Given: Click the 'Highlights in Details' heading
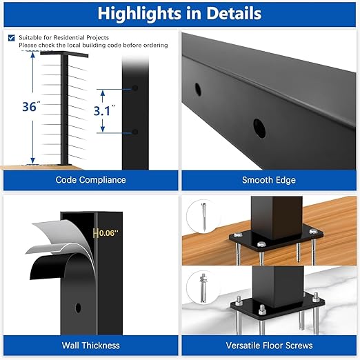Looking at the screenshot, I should [x=179, y=13].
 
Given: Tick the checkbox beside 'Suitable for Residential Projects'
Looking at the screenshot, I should [x=12, y=38].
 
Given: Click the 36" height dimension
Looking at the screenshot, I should [x=29, y=107].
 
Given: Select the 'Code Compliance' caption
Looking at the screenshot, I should [x=90, y=180].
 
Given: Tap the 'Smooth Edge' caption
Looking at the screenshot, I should [x=268, y=180].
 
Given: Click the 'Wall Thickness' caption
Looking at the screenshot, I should [x=90, y=346].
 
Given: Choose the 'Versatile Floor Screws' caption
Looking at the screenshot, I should [x=268, y=346].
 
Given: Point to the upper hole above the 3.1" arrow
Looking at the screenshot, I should [x=135, y=89].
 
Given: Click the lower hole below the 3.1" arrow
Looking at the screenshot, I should [x=135, y=132].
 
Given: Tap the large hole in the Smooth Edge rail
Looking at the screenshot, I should [x=259, y=127].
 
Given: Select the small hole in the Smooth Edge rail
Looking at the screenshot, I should [x=198, y=90].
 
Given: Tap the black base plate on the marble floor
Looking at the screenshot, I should [x=276, y=303].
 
